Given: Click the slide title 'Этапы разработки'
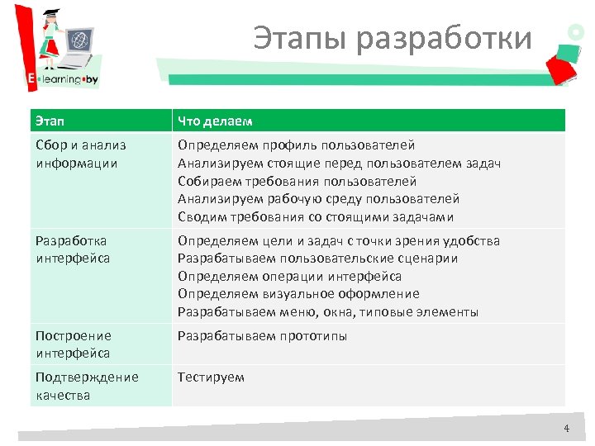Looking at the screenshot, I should coord(392,39).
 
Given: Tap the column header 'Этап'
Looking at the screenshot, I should coord(50,122).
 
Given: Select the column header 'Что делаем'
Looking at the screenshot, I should coord(214,122).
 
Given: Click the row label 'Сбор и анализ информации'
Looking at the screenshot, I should coord(81,154).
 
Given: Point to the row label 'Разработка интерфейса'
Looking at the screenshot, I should coord(73,249).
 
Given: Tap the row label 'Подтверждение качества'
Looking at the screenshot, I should coord(87,386).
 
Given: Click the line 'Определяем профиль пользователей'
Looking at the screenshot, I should coord(296,145).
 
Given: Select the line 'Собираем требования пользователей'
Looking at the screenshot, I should coord(297,181).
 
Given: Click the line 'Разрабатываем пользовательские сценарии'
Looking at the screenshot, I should coord(317,259).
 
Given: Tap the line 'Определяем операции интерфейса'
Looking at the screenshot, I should coord(289,277).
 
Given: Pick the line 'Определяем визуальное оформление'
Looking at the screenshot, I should coord(298,294).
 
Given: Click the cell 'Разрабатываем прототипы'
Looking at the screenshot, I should coord(262,336).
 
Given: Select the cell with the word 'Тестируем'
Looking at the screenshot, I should coord(212,377).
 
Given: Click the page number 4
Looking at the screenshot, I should coord(566,428).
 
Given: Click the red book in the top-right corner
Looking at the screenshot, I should coord(564,63).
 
